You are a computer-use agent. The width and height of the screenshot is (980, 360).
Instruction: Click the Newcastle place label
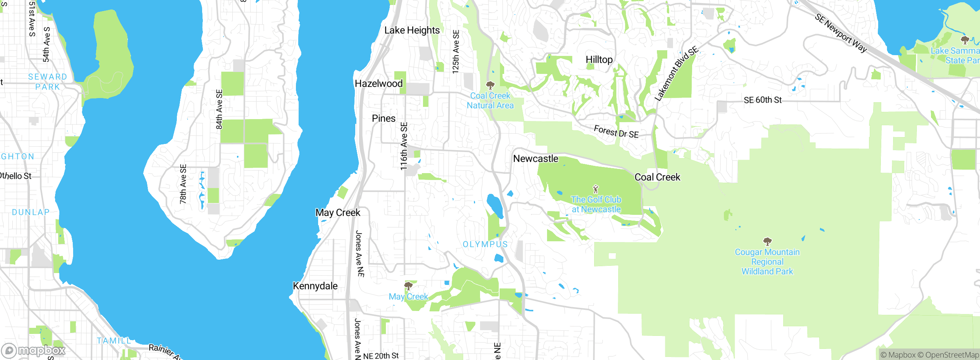click(536, 159)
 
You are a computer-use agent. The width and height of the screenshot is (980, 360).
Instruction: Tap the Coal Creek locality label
click(657, 177)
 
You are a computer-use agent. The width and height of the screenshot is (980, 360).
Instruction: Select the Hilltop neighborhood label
click(599, 60)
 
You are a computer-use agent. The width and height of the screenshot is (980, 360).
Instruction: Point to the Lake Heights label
click(412, 30)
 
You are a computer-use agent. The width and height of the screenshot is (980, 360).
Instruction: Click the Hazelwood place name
click(379, 83)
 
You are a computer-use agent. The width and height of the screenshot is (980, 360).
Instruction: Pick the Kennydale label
click(315, 286)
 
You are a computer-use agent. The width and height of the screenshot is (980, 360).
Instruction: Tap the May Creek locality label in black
click(338, 213)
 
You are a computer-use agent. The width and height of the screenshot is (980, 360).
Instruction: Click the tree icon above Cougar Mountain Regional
click(767, 242)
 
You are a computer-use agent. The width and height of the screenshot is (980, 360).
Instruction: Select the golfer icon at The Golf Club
click(596, 189)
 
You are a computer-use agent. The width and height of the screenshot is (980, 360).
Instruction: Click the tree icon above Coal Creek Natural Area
click(490, 85)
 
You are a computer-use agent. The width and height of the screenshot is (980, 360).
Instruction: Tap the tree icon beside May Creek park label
click(408, 286)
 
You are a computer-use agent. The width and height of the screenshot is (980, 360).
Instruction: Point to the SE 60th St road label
click(763, 100)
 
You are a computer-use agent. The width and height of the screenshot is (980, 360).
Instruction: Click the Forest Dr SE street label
click(616, 132)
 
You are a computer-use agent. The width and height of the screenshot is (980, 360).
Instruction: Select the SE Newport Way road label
click(841, 33)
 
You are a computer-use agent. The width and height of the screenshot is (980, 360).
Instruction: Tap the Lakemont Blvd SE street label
click(676, 74)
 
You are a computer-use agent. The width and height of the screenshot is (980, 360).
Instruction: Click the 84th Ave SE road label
click(219, 110)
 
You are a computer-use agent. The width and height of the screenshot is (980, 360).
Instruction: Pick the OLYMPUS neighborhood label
click(485, 244)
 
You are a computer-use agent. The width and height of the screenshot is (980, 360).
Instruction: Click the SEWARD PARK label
click(47, 82)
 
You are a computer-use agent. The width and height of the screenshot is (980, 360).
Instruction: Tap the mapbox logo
click(34, 350)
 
